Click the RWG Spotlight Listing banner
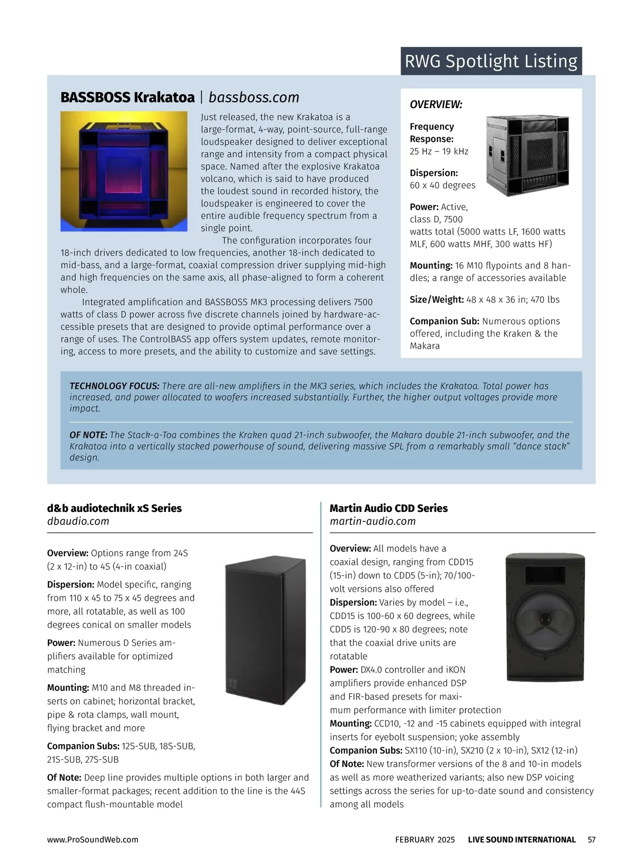(491, 61)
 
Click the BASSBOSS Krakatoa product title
(127, 98)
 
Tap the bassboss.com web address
(254, 98)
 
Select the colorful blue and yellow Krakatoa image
(123, 171)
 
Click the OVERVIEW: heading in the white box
(436, 104)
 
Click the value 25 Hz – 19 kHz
(439, 152)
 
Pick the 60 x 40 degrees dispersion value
(442, 185)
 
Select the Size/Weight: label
(436, 299)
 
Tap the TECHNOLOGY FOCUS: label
(114, 386)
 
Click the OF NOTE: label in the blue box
(88, 435)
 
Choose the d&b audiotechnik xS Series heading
(114, 508)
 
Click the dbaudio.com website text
(78, 521)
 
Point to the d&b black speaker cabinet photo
(265, 630)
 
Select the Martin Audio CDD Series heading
(388, 508)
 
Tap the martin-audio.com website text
(373, 521)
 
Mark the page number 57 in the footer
(591, 839)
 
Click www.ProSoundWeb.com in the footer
(92, 839)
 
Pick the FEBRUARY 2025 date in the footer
(425, 839)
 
